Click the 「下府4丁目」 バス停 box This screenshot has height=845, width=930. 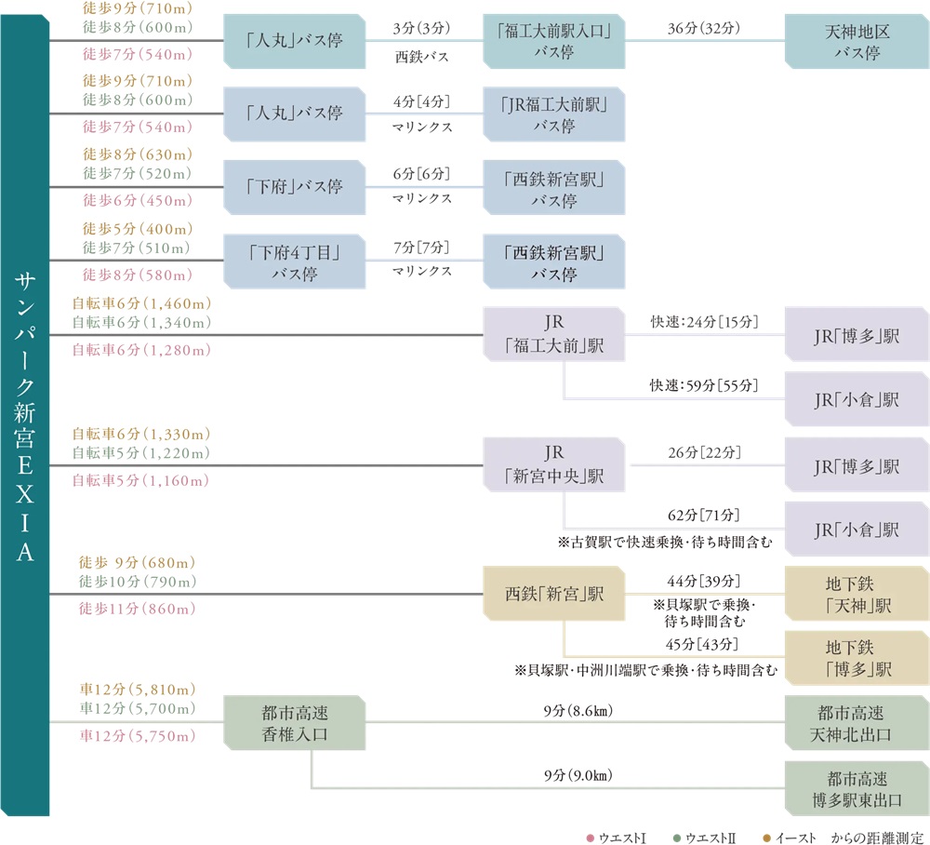click(x=295, y=262)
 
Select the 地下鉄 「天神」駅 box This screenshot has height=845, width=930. click(x=857, y=595)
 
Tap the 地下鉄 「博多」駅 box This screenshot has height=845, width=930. click(x=857, y=657)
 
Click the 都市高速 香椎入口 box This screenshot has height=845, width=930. click(x=295, y=723)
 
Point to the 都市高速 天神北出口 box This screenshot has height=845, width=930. click(x=857, y=723)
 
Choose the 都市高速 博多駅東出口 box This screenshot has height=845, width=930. click(x=857, y=788)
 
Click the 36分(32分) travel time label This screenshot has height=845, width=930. click(x=704, y=28)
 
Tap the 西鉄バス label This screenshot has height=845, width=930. click(x=422, y=56)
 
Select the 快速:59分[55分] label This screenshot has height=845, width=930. click(x=704, y=385)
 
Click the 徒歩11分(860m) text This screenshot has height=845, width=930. click(x=138, y=610)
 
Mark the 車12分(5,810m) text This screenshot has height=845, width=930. click(x=137, y=690)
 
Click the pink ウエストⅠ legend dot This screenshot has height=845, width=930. click(x=591, y=838)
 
